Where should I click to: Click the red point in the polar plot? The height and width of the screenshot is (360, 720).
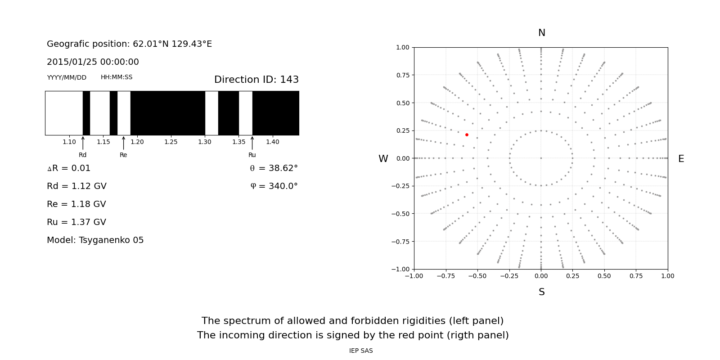pos(467,135)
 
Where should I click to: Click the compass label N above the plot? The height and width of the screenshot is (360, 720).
pos(541,33)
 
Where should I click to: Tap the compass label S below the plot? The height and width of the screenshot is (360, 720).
pos(541,292)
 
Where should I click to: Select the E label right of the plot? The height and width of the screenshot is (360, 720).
pos(681,159)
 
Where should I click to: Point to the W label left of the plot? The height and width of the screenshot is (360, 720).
pos(383,159)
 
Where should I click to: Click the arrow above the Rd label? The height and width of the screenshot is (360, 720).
pos(83,143)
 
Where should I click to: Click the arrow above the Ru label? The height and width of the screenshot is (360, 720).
pos(252,143)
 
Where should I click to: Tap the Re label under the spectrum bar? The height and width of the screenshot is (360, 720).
pos(123,155)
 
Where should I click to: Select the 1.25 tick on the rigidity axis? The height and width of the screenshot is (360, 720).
pos(171,142)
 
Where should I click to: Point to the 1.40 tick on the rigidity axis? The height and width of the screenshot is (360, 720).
pos(272,142)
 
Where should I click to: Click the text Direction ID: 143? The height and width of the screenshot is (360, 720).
pos(256,80)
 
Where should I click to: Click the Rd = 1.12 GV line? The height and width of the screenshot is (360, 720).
pos(76,186)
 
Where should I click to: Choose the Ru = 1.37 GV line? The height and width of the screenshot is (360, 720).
pos(76,222)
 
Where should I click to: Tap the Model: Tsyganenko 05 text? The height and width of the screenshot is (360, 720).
pos(95,240)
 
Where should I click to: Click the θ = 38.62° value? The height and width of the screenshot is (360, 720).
pos(274,168)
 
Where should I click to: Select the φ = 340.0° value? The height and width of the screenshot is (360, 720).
pos(274,186)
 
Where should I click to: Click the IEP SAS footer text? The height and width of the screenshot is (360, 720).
pos(361,351)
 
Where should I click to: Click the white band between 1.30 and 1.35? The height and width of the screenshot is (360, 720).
pos(211,113)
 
